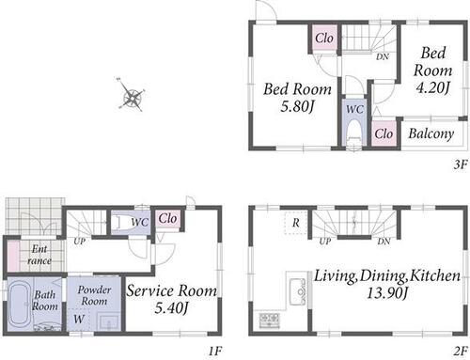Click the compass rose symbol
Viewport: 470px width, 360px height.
[x=132, y=95]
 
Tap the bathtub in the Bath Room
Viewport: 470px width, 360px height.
[x=20, y=304]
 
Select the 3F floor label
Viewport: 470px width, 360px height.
[x=461, y=164]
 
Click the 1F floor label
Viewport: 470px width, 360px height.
[x=215, y=351]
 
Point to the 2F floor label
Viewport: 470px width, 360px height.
[x=461, y=351]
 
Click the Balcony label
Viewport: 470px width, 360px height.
[x=431, y=133]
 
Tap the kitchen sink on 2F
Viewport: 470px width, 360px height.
[x=298, y=291]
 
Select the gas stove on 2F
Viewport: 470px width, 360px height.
[x=269, y=321]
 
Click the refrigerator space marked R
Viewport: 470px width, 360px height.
[x=295, y=223]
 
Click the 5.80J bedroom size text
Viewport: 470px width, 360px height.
[x=297, y=107]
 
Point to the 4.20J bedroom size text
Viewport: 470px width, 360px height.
[x=432, y=87]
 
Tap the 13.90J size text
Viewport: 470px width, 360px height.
[x=387, y=293]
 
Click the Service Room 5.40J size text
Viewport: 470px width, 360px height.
[x=171, y=308]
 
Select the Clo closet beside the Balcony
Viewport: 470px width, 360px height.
[x=384, y=133]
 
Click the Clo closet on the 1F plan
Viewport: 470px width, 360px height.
[x=167, y=218]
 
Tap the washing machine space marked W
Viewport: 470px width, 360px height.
[x=78, y=319]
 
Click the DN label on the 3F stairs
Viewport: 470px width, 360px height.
[x=383, y=57]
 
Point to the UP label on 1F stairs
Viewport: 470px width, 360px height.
[x=80, y=242]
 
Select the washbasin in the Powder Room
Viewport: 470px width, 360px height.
[x=108, y=321]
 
